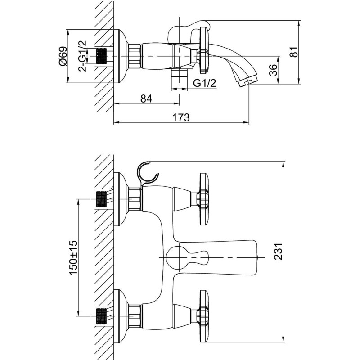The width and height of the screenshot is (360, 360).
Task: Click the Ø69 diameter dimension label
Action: tap(63, 56)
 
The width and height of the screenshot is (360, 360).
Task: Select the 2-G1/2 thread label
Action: tap(82, 56)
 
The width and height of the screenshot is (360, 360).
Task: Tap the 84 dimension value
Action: tap(146, 99)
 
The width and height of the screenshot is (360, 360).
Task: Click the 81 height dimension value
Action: tap(294, 52)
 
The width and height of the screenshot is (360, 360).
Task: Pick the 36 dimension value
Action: tap(273, 70)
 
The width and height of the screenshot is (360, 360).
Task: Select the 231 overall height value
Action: tap(278, 252)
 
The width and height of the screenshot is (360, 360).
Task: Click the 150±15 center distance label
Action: tap(73, 257)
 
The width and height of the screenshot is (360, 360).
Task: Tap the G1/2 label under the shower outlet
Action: tap(205, 83)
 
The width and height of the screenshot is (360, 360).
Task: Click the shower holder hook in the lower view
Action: tap(147, 172)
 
